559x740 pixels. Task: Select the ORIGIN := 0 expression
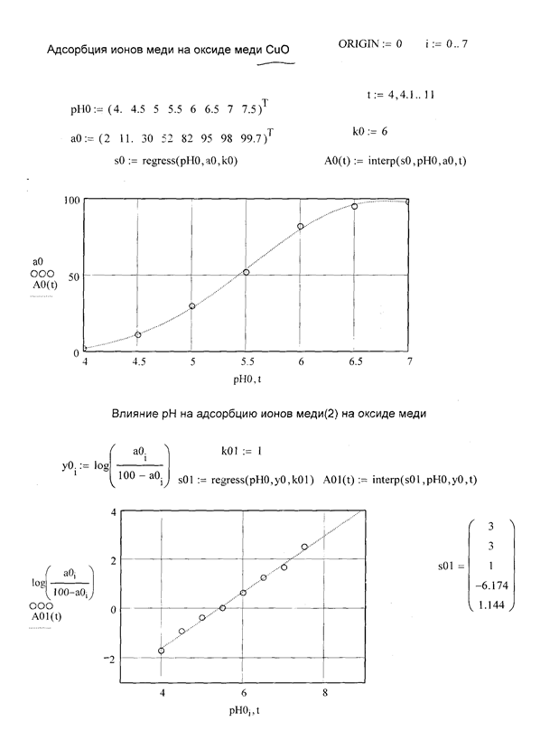point(370,44)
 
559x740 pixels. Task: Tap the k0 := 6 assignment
point(370,132)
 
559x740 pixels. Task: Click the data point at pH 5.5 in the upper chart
point(246,272)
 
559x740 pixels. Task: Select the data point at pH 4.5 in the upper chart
point(138,335)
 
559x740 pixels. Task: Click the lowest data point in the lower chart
point(162,651)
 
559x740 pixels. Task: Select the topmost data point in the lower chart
point(304,547)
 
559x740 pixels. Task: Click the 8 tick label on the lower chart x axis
point(325,694)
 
